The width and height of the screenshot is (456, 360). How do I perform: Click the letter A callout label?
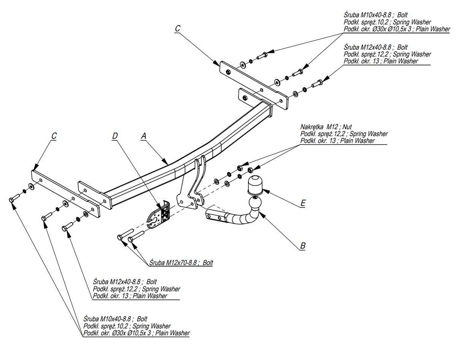pos(143,135)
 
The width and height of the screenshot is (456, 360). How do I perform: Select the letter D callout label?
pos(114,135)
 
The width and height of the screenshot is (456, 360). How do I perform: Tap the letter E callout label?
pos(302,203)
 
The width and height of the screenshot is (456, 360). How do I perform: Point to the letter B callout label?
pos(302,246)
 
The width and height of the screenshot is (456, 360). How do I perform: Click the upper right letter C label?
pos(177,29)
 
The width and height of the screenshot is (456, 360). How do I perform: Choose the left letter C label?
pos(54,135)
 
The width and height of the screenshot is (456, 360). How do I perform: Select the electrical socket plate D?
pos(159,216)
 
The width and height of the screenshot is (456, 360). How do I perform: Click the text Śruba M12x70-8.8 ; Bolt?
pos(181,263)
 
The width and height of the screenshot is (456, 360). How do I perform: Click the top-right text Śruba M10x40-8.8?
pos(367,15)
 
